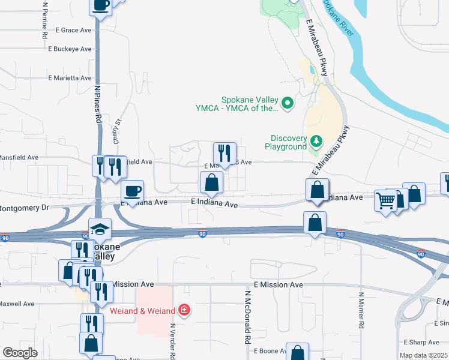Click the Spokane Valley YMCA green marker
coord(288,104)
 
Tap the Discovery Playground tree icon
coord(316,142)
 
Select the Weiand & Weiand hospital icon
coord(185,310)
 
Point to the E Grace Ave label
coord(73,29)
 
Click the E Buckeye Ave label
coord(70,49)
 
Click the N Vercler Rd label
coord(172,340)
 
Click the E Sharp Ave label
coord(421,343)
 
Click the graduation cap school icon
coord(100,228)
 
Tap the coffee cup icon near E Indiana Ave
coord(133,191)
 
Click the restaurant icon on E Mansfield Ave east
coord(225,152)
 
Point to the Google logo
coord(20,353)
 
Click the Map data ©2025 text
coord(423,356)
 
